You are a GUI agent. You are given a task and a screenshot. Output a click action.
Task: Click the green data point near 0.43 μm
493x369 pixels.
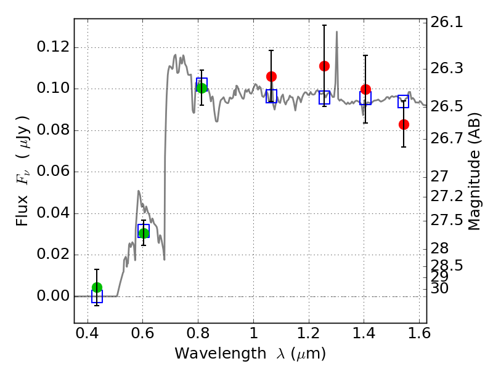pos(97,287)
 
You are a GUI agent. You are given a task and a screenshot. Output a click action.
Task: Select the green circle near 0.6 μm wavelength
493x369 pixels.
pos(144,233)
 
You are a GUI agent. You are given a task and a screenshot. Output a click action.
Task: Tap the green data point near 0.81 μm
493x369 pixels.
pos(202,88)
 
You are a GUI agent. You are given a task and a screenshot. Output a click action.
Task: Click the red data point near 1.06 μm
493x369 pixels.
pos(271,76)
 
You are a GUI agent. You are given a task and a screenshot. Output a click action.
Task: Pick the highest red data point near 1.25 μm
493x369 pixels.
pos(325,66)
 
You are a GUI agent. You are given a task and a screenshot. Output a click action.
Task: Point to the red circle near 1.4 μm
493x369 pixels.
pos(365,89)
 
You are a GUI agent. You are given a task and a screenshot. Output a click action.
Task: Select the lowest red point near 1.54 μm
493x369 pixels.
pos(404,125)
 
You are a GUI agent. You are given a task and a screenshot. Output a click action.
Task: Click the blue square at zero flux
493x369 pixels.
pos(97,296)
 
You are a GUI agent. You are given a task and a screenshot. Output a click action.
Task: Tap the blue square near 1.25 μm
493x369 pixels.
pos(325,98)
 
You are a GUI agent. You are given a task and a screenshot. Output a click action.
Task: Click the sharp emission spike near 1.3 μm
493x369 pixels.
pos(336,31)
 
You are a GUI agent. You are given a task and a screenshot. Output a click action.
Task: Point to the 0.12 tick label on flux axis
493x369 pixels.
pos(53,47)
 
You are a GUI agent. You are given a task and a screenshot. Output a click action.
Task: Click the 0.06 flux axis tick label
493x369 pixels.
pos(53,172)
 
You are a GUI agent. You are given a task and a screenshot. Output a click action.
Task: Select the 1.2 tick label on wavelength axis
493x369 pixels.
pos(309,333)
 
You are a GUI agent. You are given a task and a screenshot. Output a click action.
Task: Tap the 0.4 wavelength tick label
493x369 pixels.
pos(88,333)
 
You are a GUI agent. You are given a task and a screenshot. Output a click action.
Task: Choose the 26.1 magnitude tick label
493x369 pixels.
pos(446,22)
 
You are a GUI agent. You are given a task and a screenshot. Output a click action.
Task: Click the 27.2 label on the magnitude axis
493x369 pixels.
pos(446,196)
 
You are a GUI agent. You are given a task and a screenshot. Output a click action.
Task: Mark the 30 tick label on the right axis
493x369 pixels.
pos(439,288)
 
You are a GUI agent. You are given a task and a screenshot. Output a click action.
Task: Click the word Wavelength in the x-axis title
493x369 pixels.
pos(221,354)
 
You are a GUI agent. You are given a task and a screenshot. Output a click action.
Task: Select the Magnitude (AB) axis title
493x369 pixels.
pos(475,172)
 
